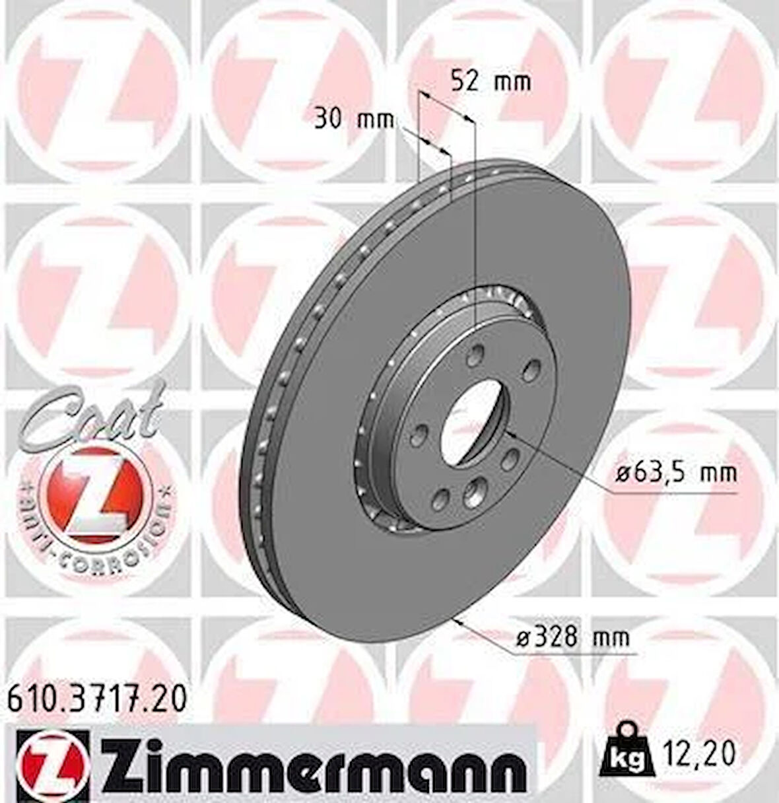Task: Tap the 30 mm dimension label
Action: tap(353, 120)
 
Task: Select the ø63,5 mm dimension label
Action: tap(676, 473)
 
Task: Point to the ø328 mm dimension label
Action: tap(571, 637)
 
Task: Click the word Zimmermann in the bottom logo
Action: tap(310, 766)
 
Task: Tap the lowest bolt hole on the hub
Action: tap(474, 492)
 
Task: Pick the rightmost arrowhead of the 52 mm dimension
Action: tap(469, 118)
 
